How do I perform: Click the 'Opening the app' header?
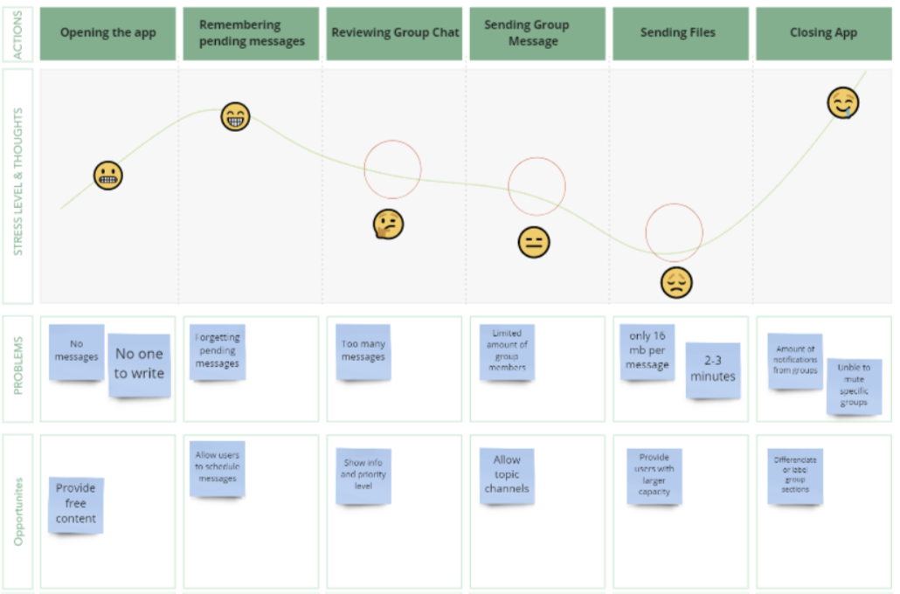point(107,33)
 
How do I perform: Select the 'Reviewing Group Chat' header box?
point(395,33)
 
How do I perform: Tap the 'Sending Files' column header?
point(678,33)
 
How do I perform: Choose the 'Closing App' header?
point(823,33)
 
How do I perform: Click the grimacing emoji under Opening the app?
point(108,176)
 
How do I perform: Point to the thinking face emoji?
point(388,224)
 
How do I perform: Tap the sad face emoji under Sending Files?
point(676,282)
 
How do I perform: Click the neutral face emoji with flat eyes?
point(533,242)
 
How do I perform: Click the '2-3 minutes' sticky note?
point(713,370)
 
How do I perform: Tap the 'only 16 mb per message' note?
point(647,352)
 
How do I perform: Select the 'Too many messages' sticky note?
point(363,351)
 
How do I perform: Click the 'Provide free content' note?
point(76,504)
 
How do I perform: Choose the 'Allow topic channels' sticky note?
point(507,474)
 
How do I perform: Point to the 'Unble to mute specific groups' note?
point(854,385)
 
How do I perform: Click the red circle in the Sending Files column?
point(675,232)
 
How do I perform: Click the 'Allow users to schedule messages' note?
point(218,467)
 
